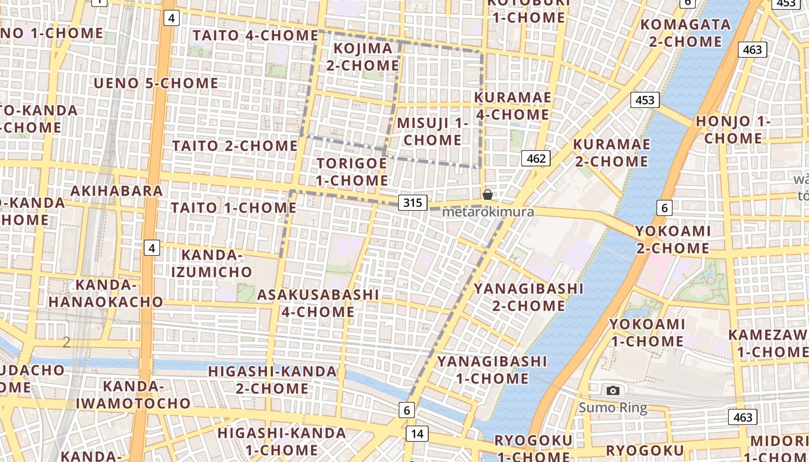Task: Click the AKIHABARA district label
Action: coord(116,191)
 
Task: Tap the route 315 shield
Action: coord(413,203)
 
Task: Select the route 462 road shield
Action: coord(536,158)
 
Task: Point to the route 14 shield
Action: coord(417,434)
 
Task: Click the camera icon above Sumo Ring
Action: coord(613,391)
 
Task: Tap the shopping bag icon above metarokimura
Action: coord(488,195)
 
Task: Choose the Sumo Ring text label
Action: coord(613,408)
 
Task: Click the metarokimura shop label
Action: coord(488,212)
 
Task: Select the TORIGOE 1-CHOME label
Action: coord(352,172)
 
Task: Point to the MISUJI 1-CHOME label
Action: coord(432,131)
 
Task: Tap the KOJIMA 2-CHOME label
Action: coord(363,57)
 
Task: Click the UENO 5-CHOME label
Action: coord(156,83)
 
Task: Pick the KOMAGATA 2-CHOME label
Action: coord(685,33)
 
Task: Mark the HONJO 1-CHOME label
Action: coord(733,130)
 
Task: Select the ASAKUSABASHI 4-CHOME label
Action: coord(318,303)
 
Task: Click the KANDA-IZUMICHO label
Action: coord(217,263)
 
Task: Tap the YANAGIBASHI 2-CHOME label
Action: coord(529,297)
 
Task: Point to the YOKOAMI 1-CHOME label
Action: coord(647,333)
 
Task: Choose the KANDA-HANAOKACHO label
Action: coord(106,293)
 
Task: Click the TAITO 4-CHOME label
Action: coord(255,35)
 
